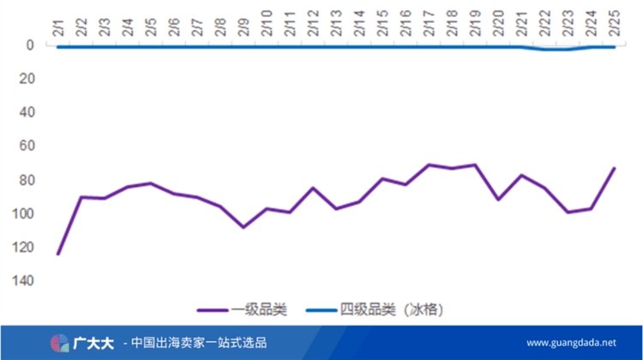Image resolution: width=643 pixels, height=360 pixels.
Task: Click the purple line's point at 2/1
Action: click(x=58, y=254)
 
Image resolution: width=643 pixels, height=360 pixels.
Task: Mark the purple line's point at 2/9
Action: click(x=243, y=227)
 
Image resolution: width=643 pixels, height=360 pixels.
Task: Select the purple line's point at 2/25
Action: click(x=614, y=168)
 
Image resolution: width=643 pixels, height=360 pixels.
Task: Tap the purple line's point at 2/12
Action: click(x=313, y=188)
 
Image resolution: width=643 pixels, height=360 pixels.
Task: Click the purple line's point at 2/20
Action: click(x=498, y=199)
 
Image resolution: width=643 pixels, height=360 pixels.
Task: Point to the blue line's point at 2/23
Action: click(x=568, y=49)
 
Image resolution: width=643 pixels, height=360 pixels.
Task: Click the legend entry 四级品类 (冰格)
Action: click(x=390, y=309)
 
